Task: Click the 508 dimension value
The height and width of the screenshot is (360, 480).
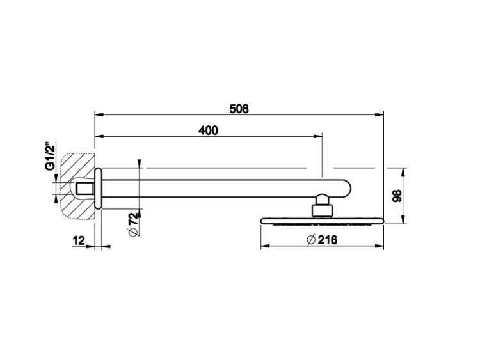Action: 239,109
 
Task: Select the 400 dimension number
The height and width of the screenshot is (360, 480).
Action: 208,130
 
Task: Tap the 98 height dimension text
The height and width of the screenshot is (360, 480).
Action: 397,196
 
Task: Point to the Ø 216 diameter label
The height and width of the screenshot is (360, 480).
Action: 322,240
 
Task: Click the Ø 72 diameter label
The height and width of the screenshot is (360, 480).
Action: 134,224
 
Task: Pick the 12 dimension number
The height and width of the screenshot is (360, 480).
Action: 79,240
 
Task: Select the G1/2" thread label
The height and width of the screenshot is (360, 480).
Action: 50,156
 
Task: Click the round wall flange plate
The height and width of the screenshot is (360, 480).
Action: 98,188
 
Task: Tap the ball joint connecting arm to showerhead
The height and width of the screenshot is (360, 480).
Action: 323,199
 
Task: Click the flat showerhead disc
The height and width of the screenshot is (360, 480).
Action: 322,221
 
